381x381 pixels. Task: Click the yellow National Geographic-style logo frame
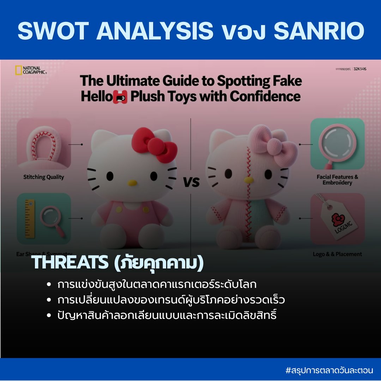click(18, 70)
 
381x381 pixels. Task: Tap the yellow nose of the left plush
click(132, 183)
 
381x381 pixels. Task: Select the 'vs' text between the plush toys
click(191, 182)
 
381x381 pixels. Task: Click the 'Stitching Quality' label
click(44, 177)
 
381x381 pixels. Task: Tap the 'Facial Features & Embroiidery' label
click(337, 180)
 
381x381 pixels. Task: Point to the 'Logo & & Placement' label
click(337, 254)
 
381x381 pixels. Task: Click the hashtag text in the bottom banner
click(329, 370)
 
